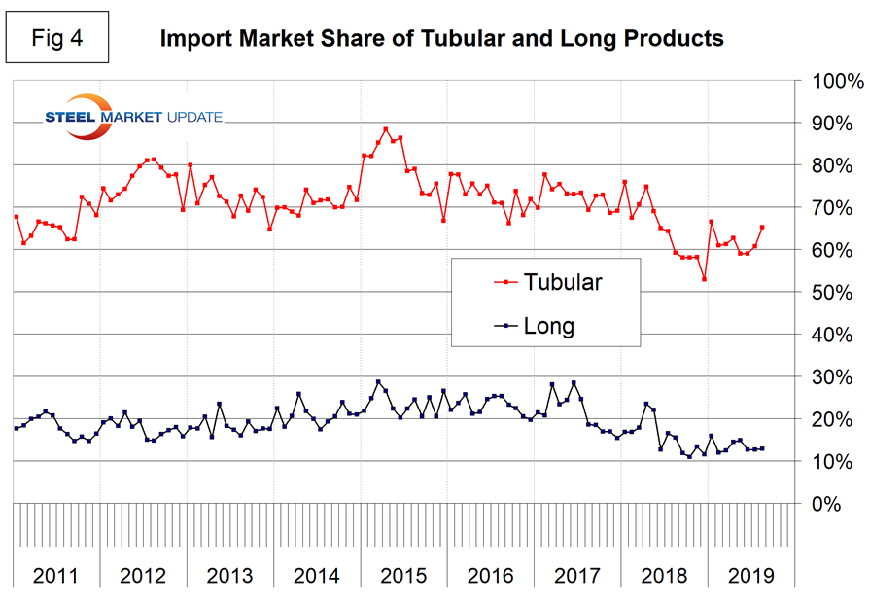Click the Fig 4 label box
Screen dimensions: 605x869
57,40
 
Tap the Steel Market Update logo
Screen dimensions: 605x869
134,117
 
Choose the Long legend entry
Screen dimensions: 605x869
548,326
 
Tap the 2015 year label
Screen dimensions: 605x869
404,574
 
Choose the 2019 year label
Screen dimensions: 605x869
750,574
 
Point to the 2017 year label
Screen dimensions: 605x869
577,574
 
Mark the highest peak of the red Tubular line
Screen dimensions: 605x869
386,128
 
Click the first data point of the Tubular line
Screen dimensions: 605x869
17,217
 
